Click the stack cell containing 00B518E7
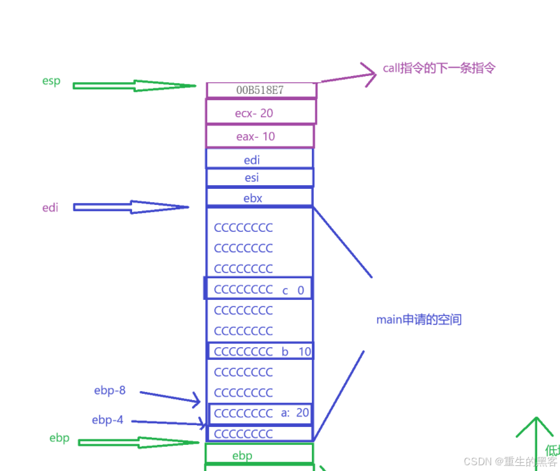click(x=261, y=90)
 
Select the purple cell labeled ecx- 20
click(x=261, y=112)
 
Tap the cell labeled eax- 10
click(x=260, y=137)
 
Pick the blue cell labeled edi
click(x=260, y=159)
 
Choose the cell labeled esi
click(x=260, y=177)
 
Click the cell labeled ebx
click(x=260, y=198)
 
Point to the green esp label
click(x=51, y=81)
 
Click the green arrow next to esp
click(x=134, y=86)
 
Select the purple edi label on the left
click(x=50, y=207)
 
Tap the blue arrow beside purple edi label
click(x=131, y=207)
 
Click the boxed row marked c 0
click(x=258, y=289)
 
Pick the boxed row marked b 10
click(x=260, y=351)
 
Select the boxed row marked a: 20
click(x=260, y=413)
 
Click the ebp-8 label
click(x=109, y=391)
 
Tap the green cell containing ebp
click(x=259, y=454)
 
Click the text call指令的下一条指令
click(x=439, y=68)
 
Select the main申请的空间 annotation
click(x=418, y=320)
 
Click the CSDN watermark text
click(x=510, y=461)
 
